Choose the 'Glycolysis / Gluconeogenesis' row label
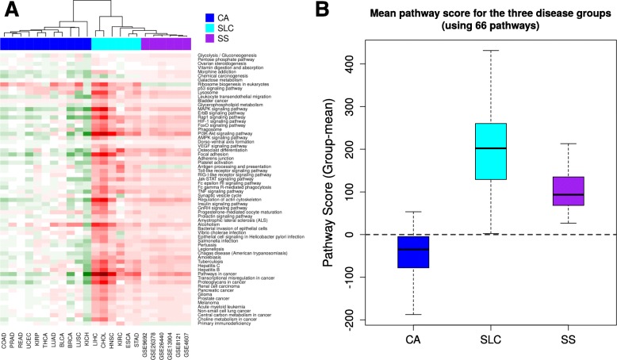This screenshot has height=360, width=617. coord(230,54)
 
